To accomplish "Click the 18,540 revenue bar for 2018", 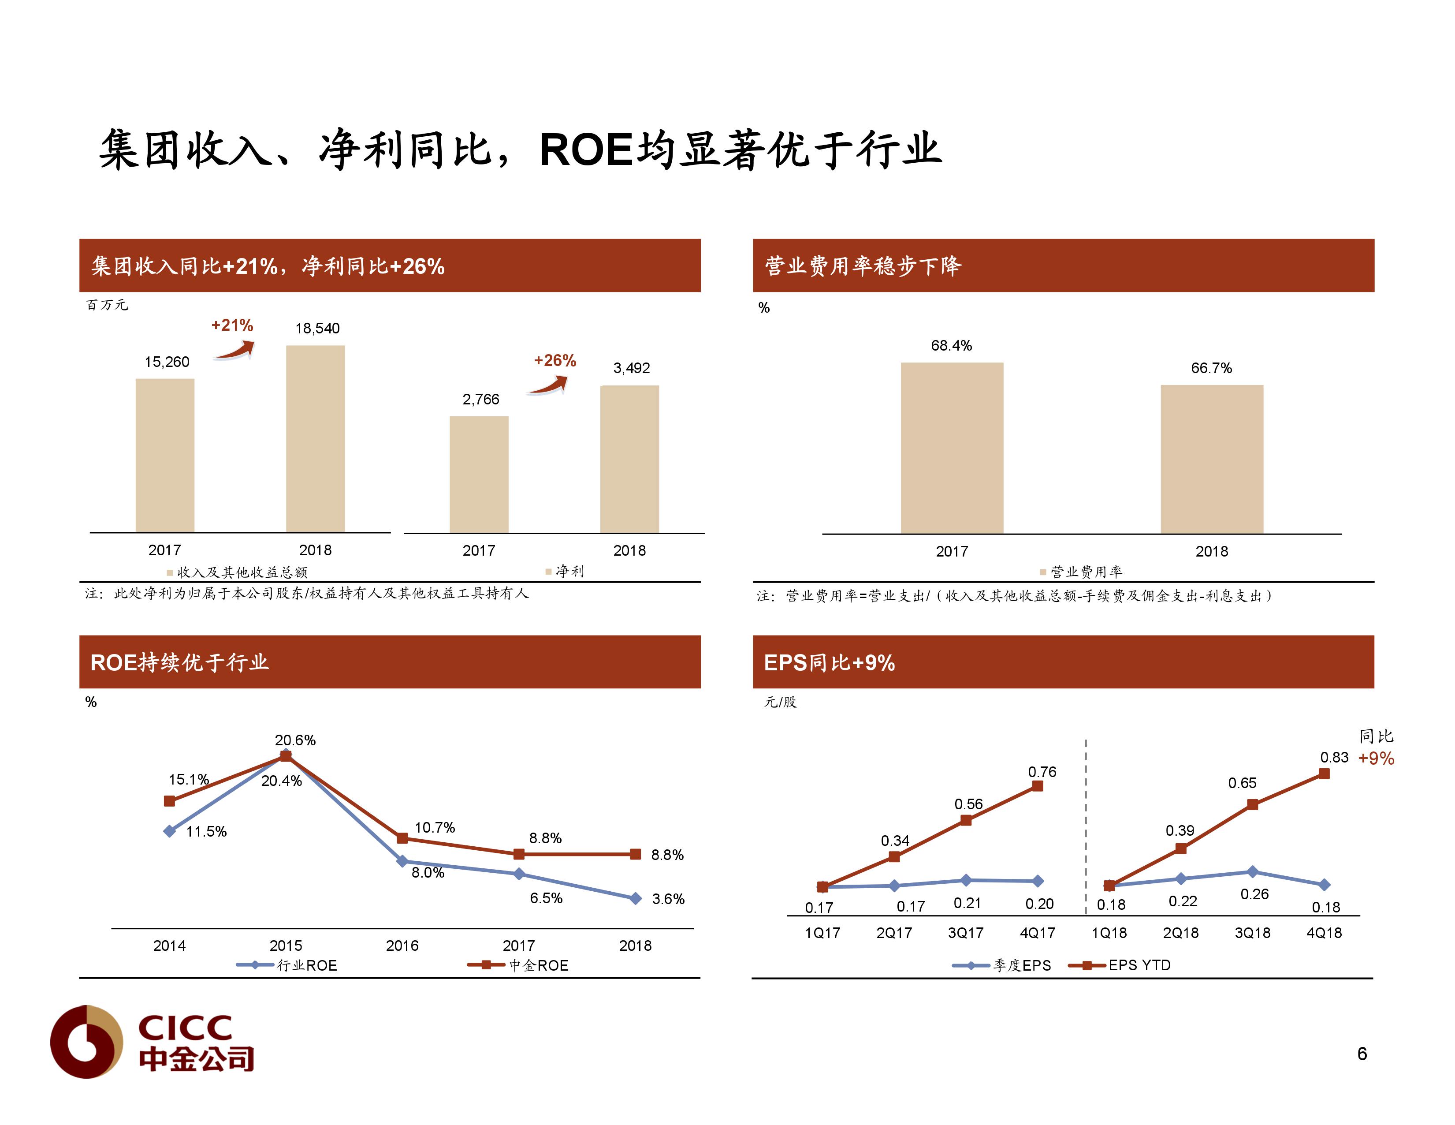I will [x=315, y=438].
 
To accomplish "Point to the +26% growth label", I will [x=554, y=361].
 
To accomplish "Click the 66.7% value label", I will [x=1211, y=368].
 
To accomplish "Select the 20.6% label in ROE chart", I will [x=295, y=740].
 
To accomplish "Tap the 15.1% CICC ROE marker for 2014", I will [x=169, y=800].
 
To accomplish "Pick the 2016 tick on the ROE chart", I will [x=402, y=945].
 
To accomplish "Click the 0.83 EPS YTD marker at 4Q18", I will [x=1324, y=774].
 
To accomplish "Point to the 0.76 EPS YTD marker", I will [x=1037, y=786].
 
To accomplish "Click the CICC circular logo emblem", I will [x=86, y=1042].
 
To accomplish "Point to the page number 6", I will [x=1362, y=1054].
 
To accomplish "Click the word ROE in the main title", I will [x=585, y=150].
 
